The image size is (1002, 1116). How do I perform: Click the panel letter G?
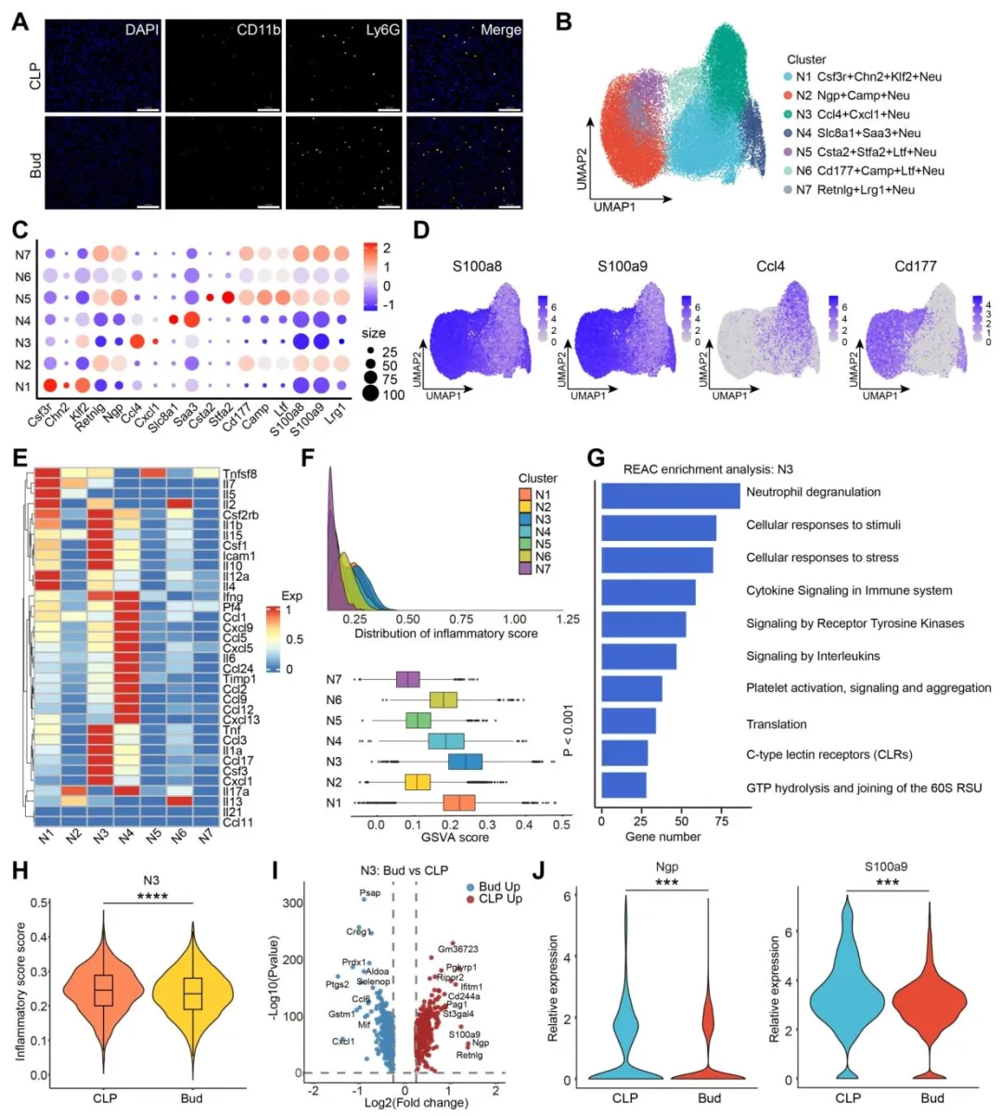(x=597, y=458)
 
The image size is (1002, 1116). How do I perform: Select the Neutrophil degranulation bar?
(x=670, y=494)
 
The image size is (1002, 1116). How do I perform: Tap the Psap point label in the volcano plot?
(x=369, y=893)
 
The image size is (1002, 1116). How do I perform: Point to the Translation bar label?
(x=777, y=724)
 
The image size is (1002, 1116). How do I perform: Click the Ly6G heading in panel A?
(x=382, y=30)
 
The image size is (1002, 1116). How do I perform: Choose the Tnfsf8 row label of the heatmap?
(x=239, y=474)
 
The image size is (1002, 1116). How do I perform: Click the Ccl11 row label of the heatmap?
(x=238, y=822)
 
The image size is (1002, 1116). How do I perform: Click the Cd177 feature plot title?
(x=915, y=266)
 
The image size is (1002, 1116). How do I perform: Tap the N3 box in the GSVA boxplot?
(x=465, y=762)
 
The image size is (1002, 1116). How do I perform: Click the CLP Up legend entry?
(x=500, y=899)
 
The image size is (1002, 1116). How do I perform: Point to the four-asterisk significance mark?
(x=150, y=896)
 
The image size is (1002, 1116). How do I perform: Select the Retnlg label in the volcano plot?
(x=469, y=1055)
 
